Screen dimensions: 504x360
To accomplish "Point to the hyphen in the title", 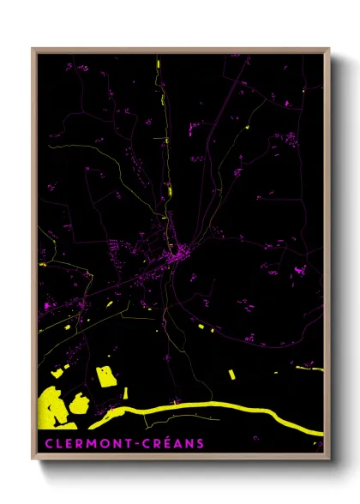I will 141,443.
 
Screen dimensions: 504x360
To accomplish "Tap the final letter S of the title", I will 201,443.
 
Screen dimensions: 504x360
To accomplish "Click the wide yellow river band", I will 214,405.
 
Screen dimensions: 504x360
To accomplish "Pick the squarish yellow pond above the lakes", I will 106,376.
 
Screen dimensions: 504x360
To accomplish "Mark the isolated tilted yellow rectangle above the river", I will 232,374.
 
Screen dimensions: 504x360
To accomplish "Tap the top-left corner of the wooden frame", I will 33,49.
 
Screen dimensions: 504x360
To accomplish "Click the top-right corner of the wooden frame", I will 329,49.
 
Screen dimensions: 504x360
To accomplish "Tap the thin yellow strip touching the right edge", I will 310,369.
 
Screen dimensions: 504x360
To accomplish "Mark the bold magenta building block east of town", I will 299,270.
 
